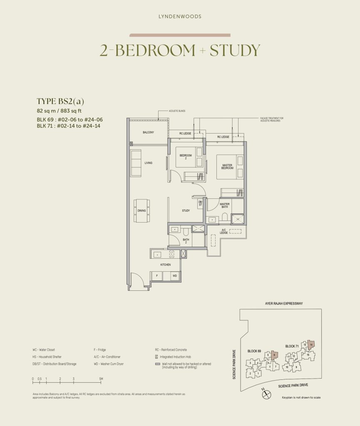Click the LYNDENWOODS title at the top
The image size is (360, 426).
point(180,17)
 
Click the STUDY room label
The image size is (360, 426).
point(186,211)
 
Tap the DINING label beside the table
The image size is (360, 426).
point(142,211)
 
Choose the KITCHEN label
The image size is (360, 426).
point(166,264)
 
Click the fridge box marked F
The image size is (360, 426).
point(156,275)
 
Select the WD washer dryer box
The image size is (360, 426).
point(174,275)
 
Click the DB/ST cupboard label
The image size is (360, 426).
point(200,203)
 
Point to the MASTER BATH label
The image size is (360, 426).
point(225,206)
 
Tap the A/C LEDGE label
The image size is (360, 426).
point(223,232)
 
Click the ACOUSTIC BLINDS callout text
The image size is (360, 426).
point(176,111)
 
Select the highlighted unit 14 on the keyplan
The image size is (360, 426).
point(311,344)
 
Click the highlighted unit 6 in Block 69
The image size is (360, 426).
point(274,355)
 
